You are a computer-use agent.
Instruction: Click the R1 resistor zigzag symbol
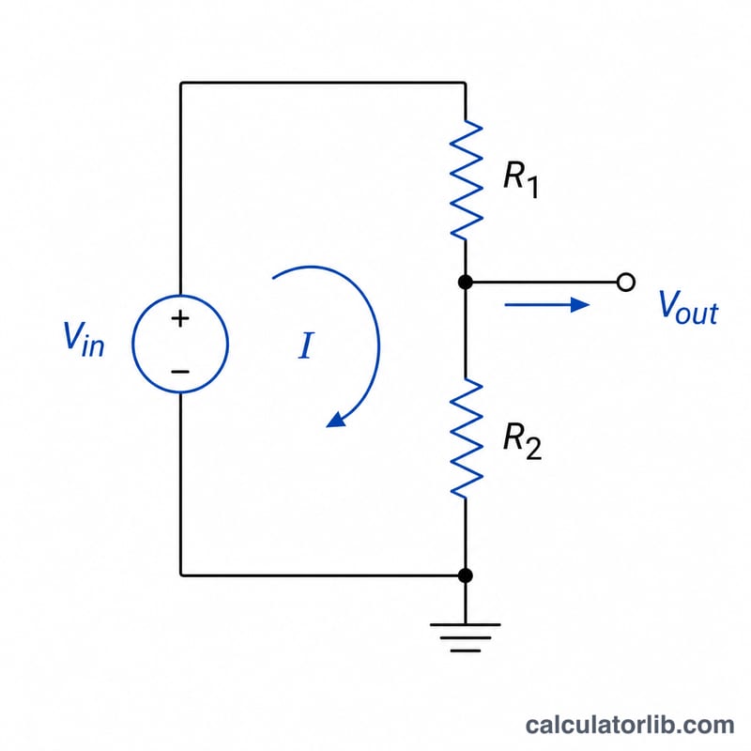(466, 179)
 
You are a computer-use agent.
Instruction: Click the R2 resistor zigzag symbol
(466, 438)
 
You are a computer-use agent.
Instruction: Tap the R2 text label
(522, 441)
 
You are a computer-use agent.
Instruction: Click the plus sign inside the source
(180, 318)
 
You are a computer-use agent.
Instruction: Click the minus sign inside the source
(180, 371)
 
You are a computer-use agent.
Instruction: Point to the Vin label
(84, 339)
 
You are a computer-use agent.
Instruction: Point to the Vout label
(688, 308)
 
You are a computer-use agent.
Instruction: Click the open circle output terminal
(626, 283)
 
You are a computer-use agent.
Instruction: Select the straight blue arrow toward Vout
(547, 304)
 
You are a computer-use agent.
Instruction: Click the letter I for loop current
(306, 345)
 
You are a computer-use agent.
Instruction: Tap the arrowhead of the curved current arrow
(336, 420)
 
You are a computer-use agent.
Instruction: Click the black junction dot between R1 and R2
(465, 283)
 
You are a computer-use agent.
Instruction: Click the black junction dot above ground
(465, 575)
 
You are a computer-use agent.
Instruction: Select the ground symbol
(465, 637)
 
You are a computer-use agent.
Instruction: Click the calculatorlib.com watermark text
(629, 725)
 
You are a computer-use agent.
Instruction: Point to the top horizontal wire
(323, 84)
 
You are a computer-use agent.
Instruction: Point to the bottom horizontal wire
(323, 575)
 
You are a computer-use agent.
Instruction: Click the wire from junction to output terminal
(544, 283)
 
